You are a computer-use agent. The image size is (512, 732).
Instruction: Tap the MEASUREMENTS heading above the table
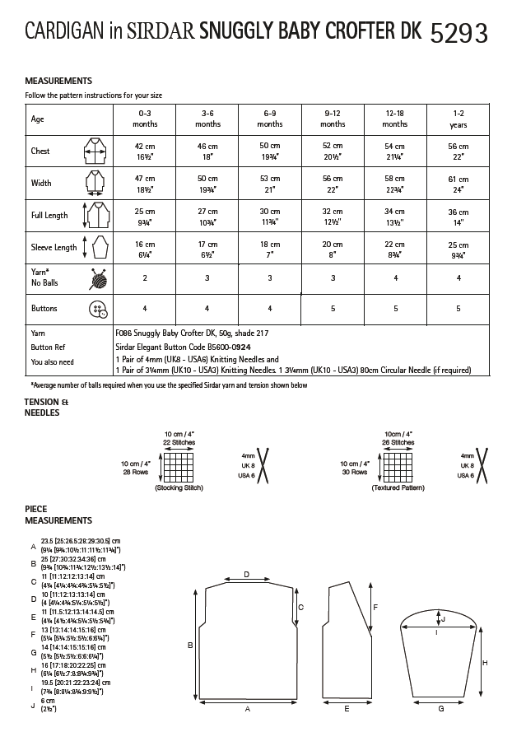tap(58, 81)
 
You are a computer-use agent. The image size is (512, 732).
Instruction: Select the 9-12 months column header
tap(333, 119)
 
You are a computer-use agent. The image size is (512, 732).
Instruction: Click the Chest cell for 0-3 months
tap(145, 151)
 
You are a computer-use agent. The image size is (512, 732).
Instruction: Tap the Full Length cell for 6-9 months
tap(270, 215)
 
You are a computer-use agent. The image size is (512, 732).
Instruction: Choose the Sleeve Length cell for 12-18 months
tap(395, 247)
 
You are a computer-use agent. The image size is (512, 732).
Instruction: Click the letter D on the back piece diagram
tap(246, 575)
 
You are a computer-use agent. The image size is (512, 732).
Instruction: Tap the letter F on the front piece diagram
tap(375, 608)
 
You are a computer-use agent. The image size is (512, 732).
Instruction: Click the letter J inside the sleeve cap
tap(443, 618)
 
